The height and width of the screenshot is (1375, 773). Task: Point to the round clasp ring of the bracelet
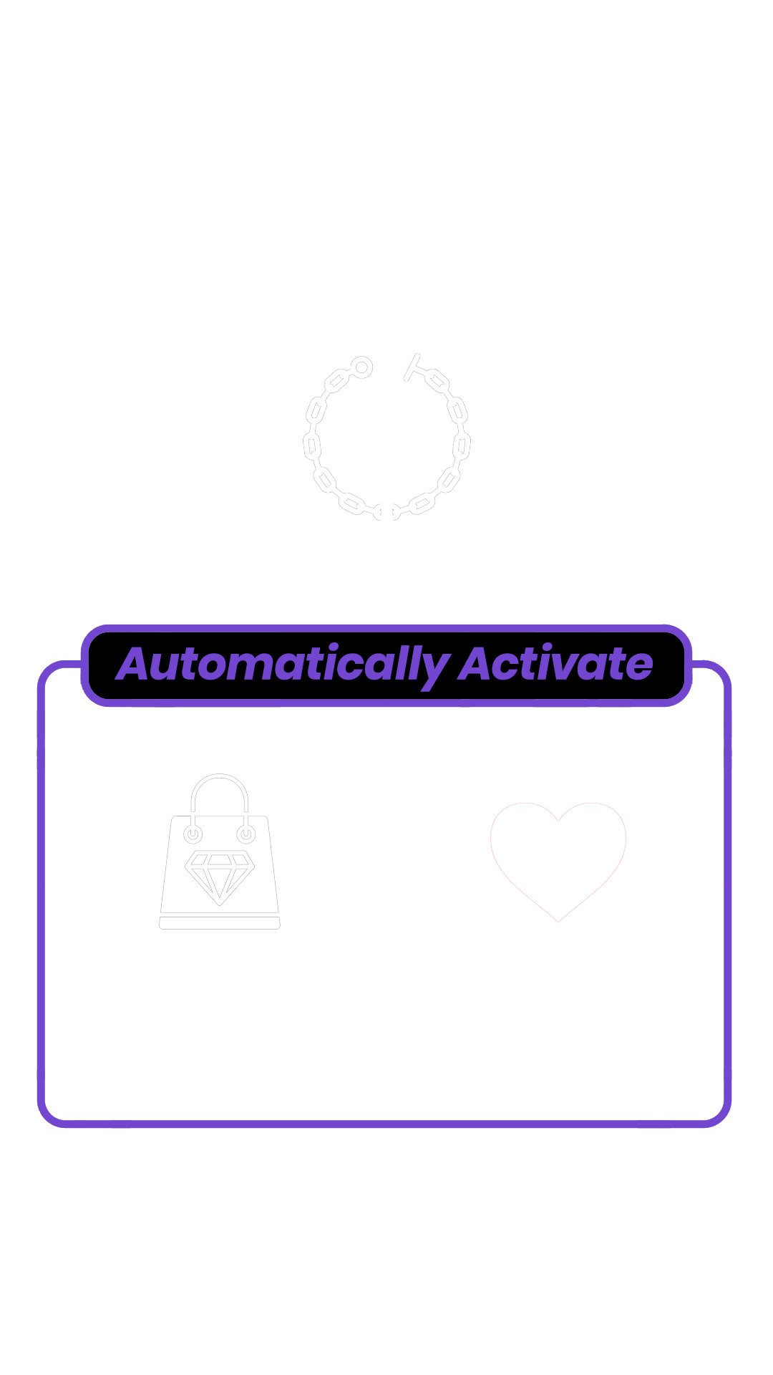point(362,367)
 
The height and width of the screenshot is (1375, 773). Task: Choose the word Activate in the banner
point(555,665)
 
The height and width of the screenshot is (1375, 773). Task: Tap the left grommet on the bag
point(193,834)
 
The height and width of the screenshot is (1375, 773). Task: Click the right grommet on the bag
point(245,834)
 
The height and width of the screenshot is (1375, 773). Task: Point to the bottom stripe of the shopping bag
point(219,922)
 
